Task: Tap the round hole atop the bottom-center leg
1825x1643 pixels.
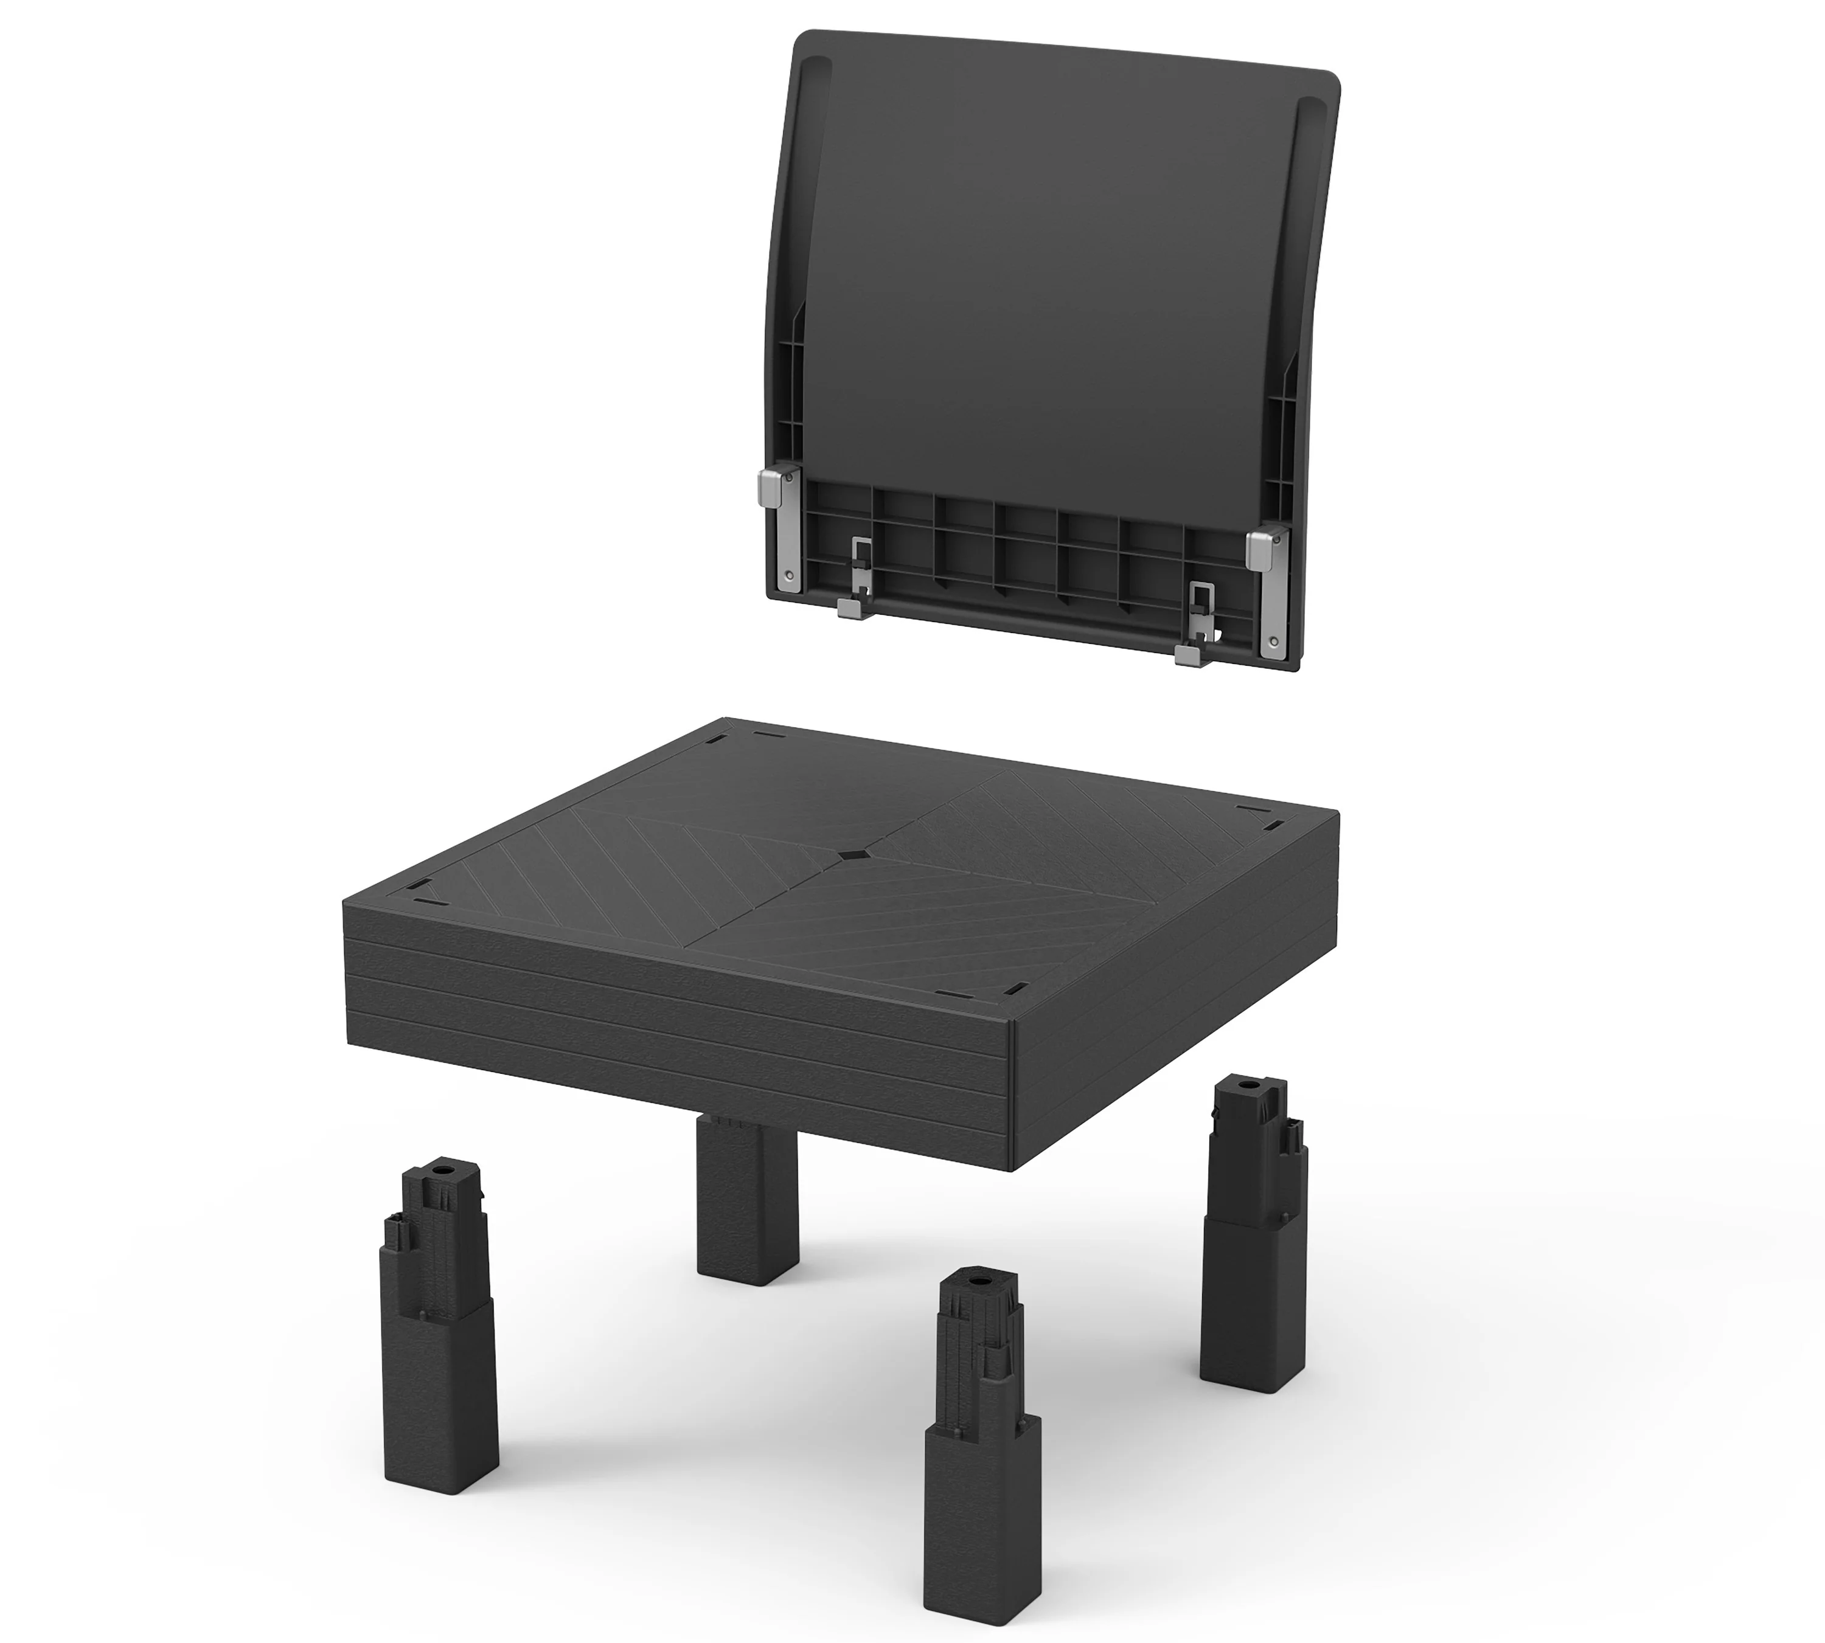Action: (x=979, y=1281)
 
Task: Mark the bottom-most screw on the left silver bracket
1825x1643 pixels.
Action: (x=789, y=574)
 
